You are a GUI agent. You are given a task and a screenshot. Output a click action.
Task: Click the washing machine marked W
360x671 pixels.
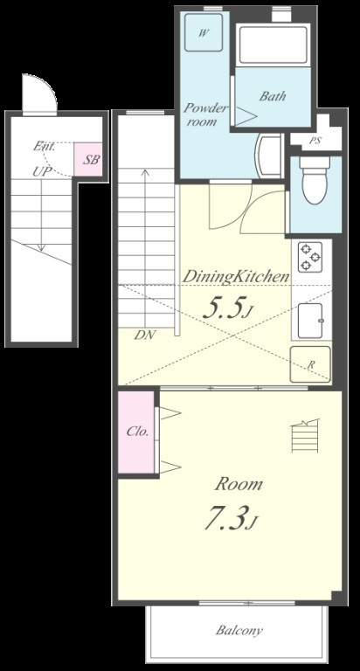(204, 32)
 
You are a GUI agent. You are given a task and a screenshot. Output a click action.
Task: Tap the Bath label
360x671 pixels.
(273, 96)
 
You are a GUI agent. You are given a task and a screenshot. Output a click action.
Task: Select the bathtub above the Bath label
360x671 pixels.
(273, 45)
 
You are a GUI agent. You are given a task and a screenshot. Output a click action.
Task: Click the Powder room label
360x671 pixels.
(205, 114)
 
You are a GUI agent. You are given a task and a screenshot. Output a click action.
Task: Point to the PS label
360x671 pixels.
(315, 141)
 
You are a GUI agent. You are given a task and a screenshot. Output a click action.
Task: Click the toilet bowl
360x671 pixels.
(315, 181)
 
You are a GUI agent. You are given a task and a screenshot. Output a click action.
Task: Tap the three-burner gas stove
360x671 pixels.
(309, 256)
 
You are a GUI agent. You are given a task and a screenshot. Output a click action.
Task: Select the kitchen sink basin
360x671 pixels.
(311, 321)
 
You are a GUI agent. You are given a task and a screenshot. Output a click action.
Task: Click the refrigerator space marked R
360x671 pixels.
(310, 363)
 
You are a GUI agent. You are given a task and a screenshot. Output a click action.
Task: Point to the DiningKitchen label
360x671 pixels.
(236, 277)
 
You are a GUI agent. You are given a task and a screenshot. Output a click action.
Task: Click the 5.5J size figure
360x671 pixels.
(225, 308)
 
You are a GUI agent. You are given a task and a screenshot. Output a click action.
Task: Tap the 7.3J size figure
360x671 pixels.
(232, 518)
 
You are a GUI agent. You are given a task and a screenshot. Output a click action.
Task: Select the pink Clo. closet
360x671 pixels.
(136, 432)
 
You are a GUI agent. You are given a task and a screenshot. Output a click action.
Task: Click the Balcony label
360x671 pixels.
(239, 630)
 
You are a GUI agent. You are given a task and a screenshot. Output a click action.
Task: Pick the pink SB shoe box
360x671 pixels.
(88, 159)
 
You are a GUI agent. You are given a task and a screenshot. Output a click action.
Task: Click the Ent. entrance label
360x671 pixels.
(45, 147)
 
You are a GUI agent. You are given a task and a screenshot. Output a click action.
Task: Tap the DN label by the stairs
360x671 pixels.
(145, 335)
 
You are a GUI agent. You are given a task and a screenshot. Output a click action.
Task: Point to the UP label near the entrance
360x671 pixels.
(42, 172)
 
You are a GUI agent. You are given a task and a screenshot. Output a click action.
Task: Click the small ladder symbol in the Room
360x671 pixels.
(305, 436)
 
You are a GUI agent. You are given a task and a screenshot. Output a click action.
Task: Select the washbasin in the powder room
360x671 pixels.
(268, 156)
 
